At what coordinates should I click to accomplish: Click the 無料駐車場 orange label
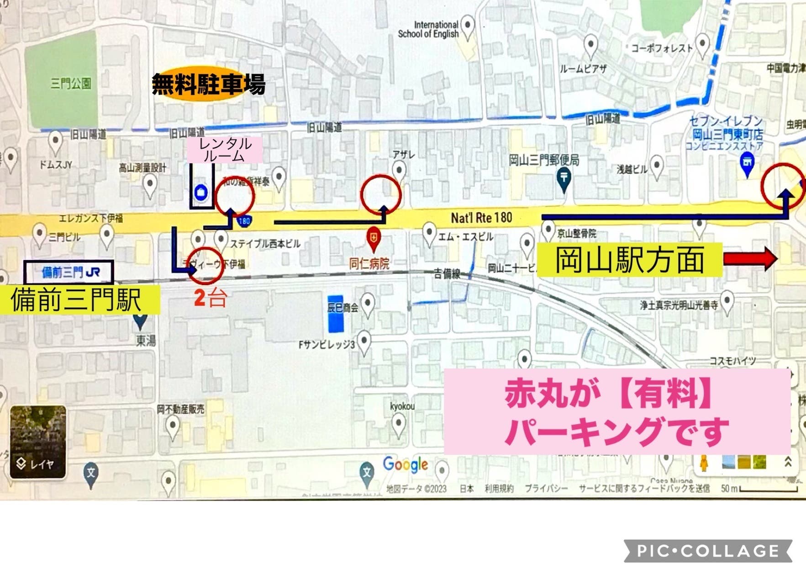click(208, 85)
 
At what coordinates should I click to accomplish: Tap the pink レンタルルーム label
click(225, 149)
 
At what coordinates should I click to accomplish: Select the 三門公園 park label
click(71, 83)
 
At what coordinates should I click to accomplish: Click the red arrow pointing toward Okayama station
click(750, 258)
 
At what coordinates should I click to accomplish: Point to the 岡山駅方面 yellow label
click(629, 260)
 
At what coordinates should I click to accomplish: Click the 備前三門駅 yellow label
click(78, 299)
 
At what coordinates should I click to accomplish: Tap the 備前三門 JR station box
click(69, 272)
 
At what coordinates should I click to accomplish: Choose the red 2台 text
click(210, 298)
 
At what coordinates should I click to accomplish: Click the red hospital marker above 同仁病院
click(374, 238)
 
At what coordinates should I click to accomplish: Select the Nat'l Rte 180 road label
click(481, 218)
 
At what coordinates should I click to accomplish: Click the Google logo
click(405, 464)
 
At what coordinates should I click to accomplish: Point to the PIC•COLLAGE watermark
click(708, 551)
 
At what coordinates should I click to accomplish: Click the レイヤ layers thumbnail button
click(38, 442)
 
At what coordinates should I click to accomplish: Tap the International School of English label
click(428, 29)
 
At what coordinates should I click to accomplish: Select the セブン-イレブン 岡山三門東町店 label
click(725, 133)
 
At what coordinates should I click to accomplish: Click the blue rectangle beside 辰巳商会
click(336, 315)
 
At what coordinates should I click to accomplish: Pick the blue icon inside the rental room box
click(201, 192)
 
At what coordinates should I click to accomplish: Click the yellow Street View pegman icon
click(704, 463)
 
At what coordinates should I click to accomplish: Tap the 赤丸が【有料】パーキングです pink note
click(616, 411)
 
